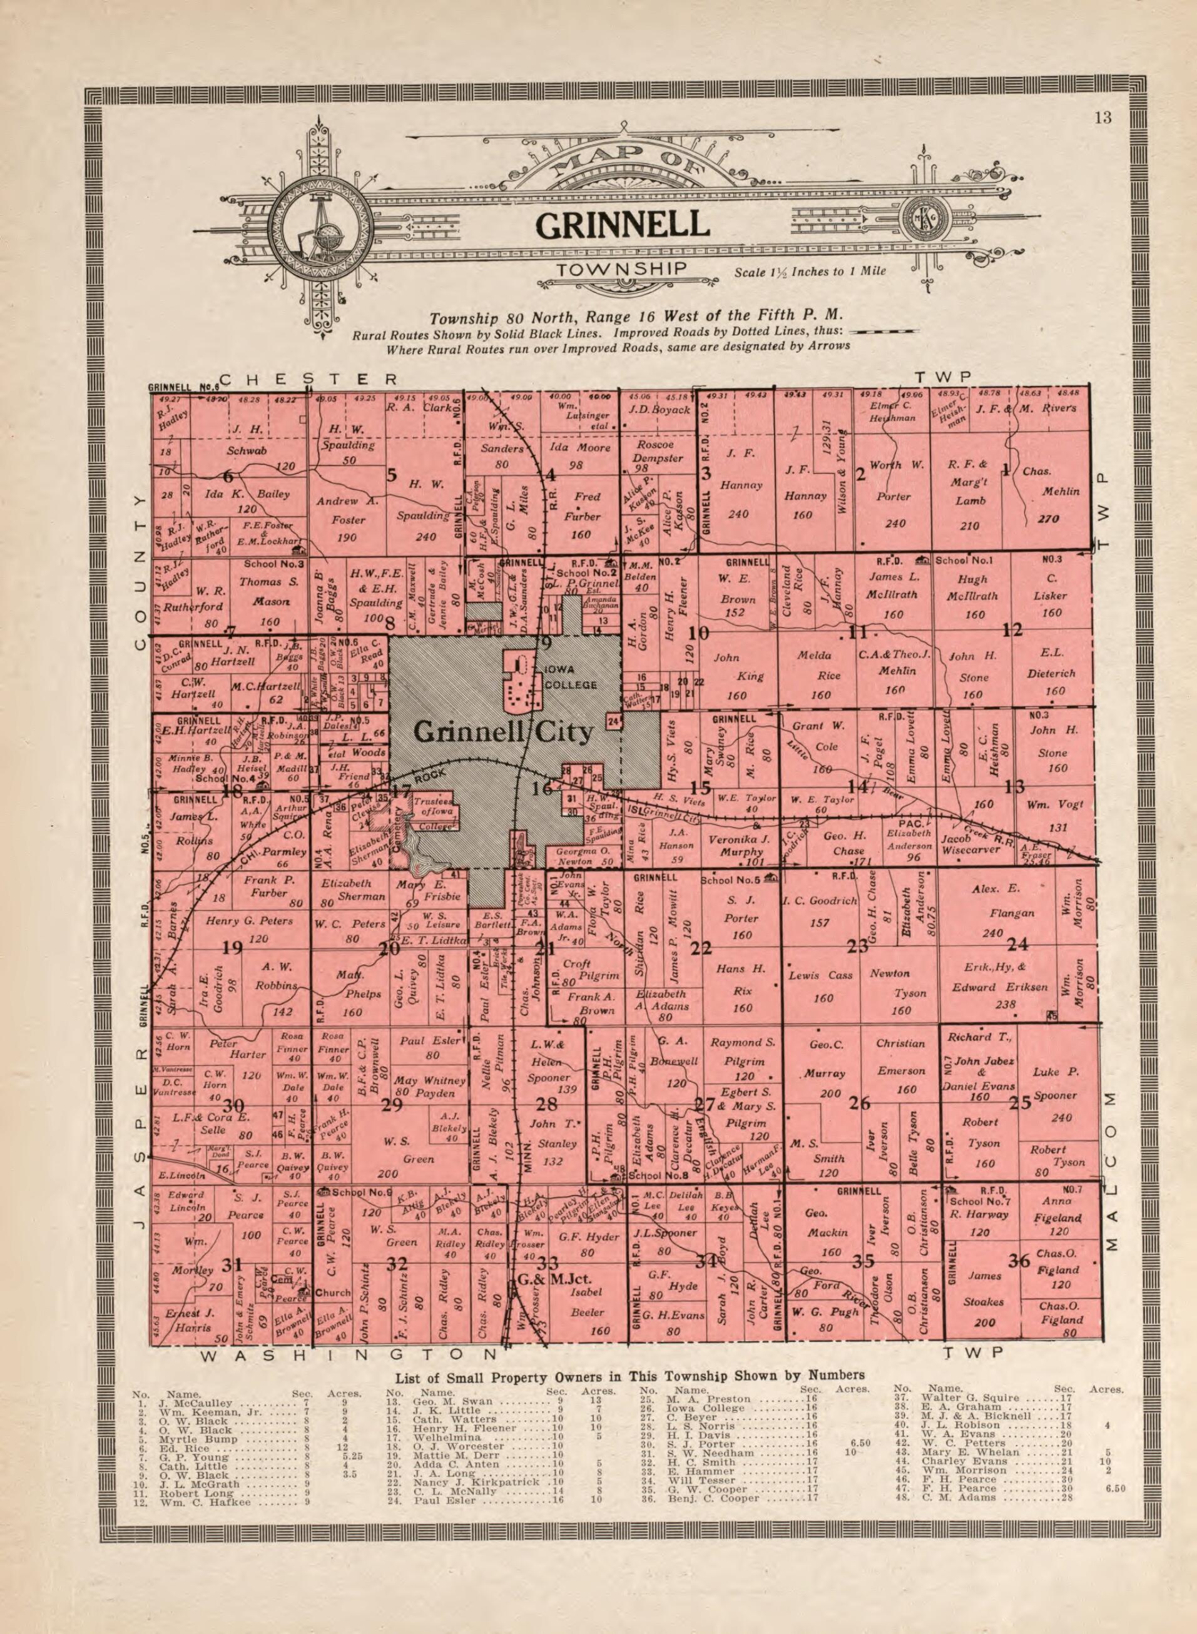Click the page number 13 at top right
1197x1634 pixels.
[1103, 118]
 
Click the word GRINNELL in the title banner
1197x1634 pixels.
[622, 225]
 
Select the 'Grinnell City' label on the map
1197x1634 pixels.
[503, 733]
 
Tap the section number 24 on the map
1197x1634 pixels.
[1017, 945]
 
